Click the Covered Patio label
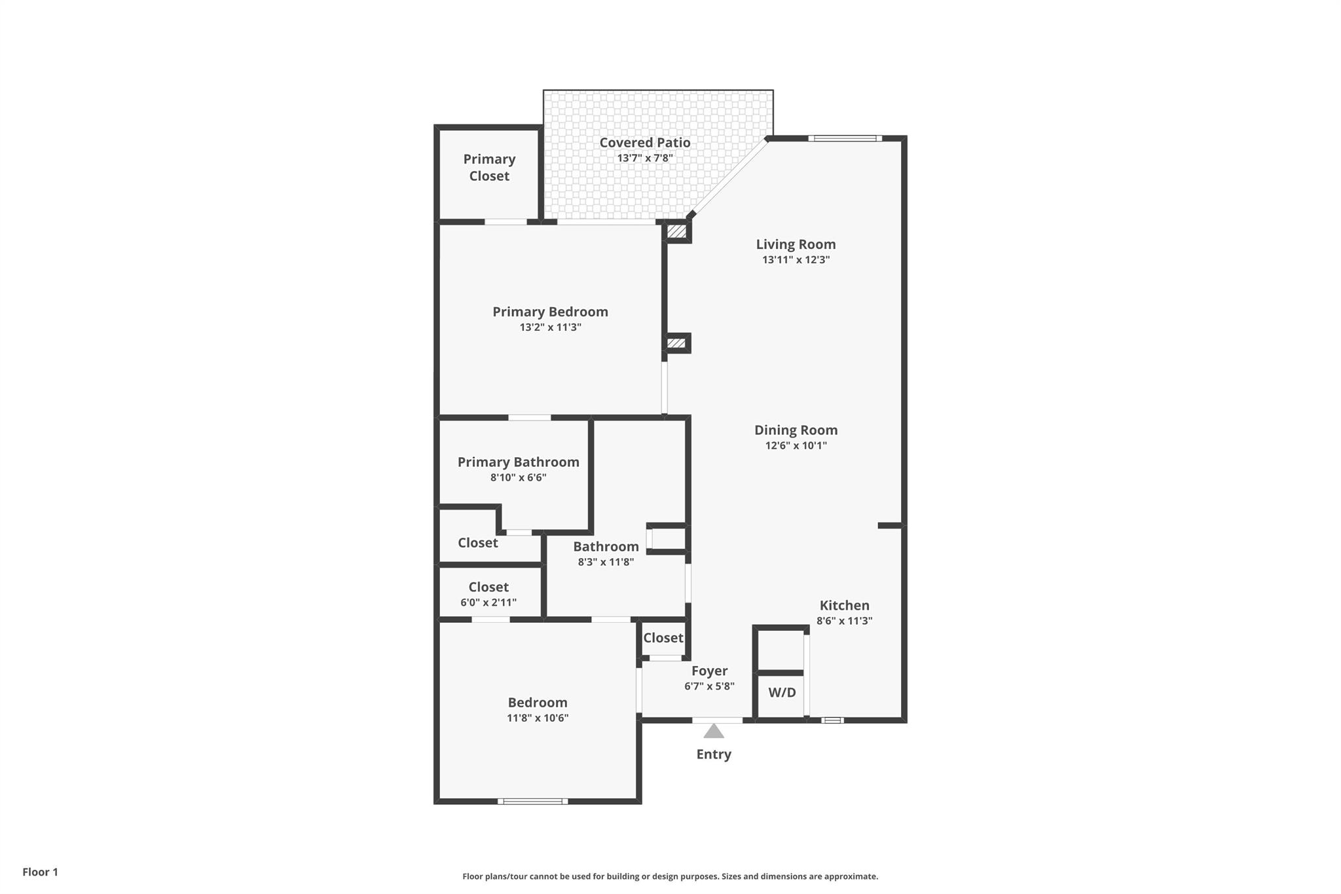pyautogui.click(x=644, y=142)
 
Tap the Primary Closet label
pyautogui.click(x=489, y=168)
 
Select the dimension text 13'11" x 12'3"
pyautogui.click(x=796, y=259)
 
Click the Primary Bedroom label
pyautogui.click(x=550, y=312)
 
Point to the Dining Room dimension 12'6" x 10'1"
pyautogui.click(x=796, y=445)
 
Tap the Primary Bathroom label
pyautogui.click(x=518, y=462)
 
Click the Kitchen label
pyautogui.click(x=844, y=605)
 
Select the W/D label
pyautogui.click(x=782, y=692)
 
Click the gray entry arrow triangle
pyautogui.click(x=714, y=732)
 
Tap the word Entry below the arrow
pyautogui.click(x=714, y=754)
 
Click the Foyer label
pyautogui.click(x=709, y=671)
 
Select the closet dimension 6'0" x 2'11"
pyautogui.click(x=488, y=603)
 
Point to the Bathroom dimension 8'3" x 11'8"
pyautogui.click(x=606, y=562)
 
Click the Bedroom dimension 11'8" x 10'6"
pyautogui.click(x=537, y=718)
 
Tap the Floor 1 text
pyautogui.click(x=40, y=872)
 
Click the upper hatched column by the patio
pyautogui.click(x=676, y=231)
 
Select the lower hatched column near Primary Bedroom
pyautogui.click(x=676, y=343)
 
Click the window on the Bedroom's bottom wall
pyautogui.click(x=532, y=801)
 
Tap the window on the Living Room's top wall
pyautogui.click(x=845, y=138)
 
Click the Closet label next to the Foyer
pyautogui.click(x=663, y=637)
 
